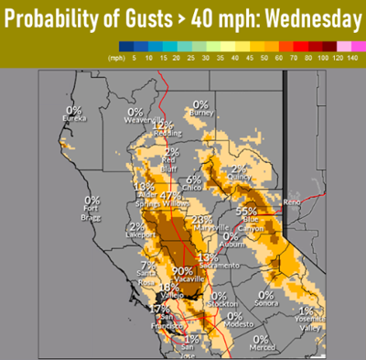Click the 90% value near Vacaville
click(x=181, y=271)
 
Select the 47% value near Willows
click(x=170, y=196)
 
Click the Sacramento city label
click(x=208, y=265)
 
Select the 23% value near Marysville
click(x=203, y=220)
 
